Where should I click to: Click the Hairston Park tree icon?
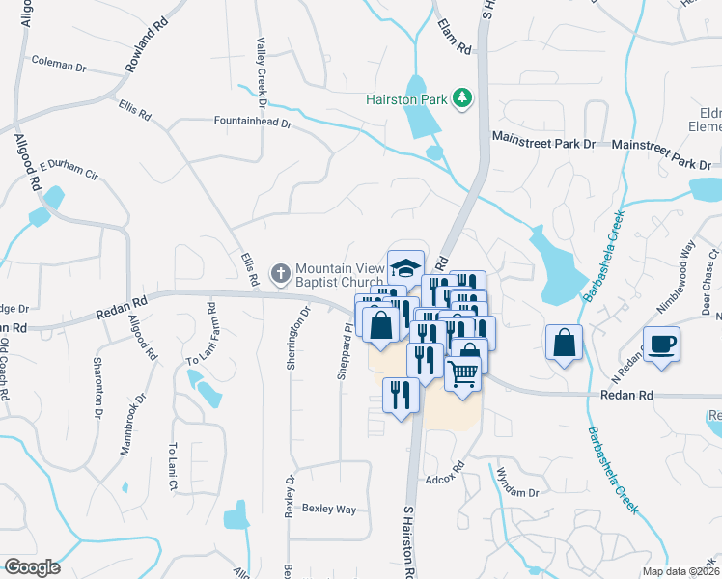tap(463, 97)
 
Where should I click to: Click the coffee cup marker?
tap(662, 345)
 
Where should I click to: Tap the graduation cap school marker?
tap(406, 266)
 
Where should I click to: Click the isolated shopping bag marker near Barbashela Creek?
tap(564, 343)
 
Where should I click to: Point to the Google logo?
tap(32, 566)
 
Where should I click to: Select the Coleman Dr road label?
tap(59, 65)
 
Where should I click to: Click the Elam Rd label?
tap(453, 35)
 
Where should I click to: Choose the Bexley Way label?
tap(328, 508)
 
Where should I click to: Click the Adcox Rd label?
tap(445, 479)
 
